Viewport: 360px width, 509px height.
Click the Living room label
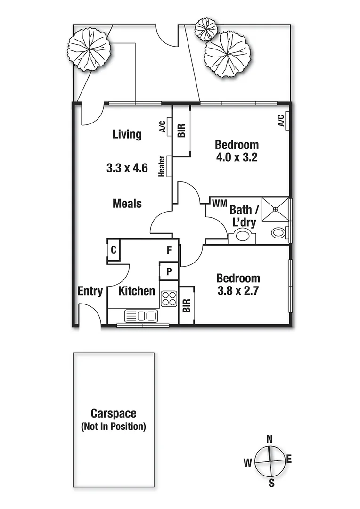(x=127, y=134)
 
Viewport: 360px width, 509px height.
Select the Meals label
(x=127, y=204)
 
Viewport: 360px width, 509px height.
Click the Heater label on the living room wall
(x=162, y=166)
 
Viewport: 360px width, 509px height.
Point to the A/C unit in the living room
(x=163, y=127)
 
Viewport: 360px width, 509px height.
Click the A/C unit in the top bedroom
(x=281, y=121)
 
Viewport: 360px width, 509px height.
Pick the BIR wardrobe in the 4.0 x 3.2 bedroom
(x=182, y=130)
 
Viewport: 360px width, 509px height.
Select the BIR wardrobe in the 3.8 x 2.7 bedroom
(x=186, y=305)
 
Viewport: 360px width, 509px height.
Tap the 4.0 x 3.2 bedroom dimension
(x=237, y=157)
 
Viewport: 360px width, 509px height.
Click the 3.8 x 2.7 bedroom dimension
(x=238, y=291)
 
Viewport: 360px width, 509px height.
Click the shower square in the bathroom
(x=276, y=209)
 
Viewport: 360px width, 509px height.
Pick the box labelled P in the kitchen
(x=169, y=271)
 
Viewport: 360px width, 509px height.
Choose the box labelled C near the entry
(x=114, y=250)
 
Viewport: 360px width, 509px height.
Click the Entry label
(x=90, y=291)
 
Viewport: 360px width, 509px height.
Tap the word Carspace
(x=114, y=414)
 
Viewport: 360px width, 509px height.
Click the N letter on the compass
(x=270, y=439)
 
